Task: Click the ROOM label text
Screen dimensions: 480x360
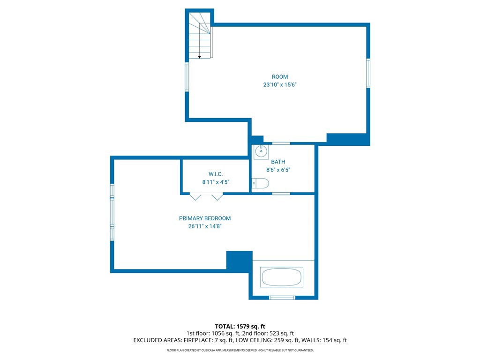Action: click(x=280, y=77)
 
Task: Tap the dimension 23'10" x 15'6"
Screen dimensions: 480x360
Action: click(x=280, y=85)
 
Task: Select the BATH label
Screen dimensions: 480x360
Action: click(x=278, y=162)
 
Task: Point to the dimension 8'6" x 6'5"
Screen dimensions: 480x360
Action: click(x=278, y=170)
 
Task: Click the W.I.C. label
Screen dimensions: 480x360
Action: click(x=216, y=174)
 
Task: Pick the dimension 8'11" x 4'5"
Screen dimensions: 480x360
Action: click(x=216, y=182)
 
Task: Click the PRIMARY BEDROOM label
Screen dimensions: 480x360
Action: click(x=205, y=218)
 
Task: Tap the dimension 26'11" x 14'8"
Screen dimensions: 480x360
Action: click(x=205, y=226)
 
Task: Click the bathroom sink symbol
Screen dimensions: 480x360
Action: click(x=261, y=151)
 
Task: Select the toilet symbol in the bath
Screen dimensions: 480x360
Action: click(x=261, y=183)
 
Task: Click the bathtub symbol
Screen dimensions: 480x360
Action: click(x=282, y=277)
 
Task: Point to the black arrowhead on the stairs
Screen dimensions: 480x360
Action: click(x=199, y=57)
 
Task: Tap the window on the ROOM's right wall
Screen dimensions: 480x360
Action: click(x=368, y=73)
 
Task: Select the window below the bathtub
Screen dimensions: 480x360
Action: click(x=282, y=298)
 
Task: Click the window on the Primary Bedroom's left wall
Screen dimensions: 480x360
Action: click(x=112, y=212)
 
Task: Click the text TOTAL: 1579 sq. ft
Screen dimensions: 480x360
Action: click(x=240, y=326)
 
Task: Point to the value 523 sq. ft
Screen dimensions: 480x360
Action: click(x=282, y=333)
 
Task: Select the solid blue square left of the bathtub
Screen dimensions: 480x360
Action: click(x=240, y=261)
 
